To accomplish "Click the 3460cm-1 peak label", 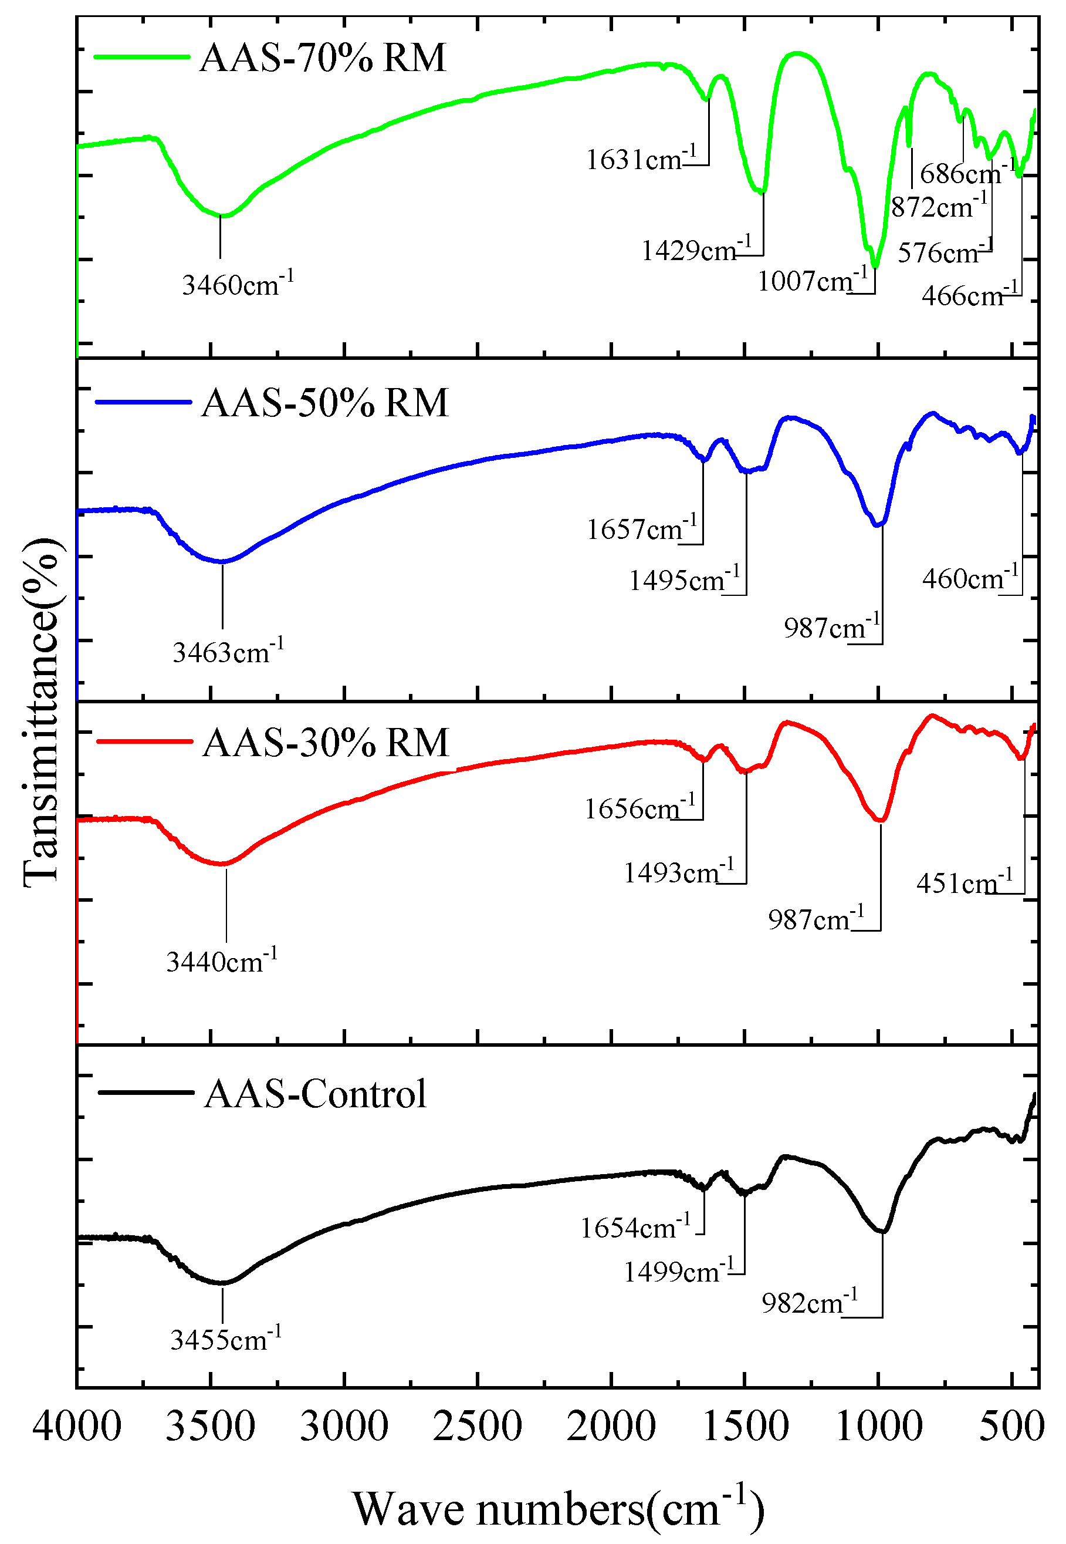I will [237, 284].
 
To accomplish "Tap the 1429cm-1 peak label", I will [695, 250].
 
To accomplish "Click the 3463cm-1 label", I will [228, 651].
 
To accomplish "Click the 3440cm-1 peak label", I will [221, 960].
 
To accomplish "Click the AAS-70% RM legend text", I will [323, 58].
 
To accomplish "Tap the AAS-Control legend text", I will [315, 1094].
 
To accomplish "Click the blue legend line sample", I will [144, 402].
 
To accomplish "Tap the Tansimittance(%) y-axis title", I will [42, 713].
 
